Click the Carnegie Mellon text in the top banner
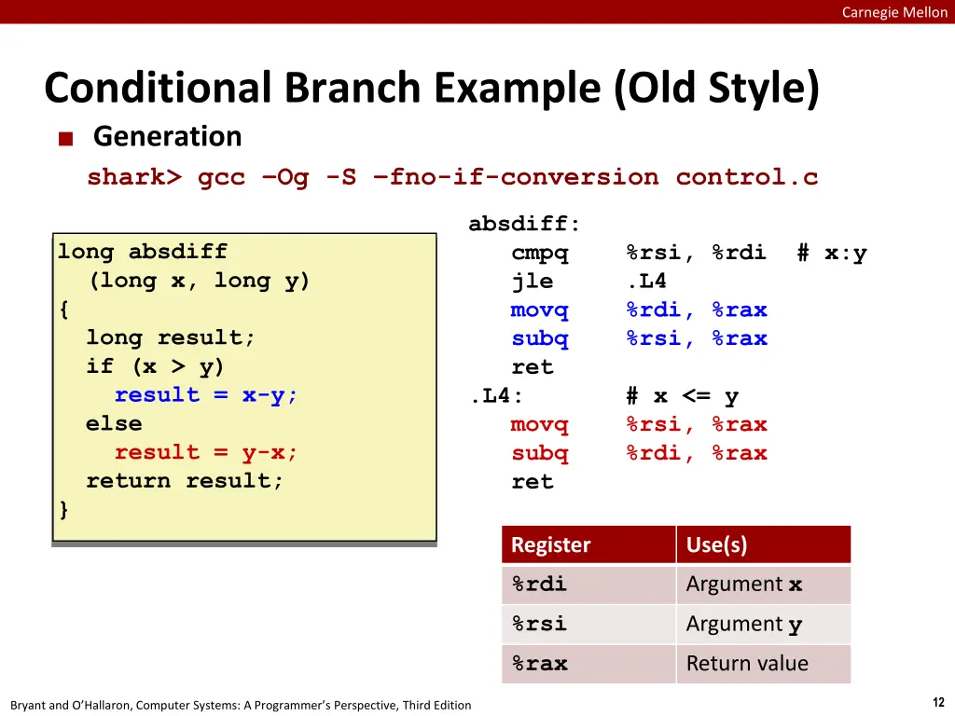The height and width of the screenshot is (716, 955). [x=894, y=12]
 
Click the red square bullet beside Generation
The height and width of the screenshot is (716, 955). [x=66, y=139]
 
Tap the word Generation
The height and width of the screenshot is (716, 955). [x=168, y=136]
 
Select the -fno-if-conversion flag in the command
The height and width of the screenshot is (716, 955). [x=515, y=177]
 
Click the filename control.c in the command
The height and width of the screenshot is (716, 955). [x=747, y=177]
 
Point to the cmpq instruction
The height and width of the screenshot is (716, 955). [x=540, y=253]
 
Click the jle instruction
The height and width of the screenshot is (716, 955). [x=533, y=281]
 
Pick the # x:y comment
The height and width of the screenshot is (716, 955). [x=832, y=253]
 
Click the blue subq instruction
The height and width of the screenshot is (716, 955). [x=540, y=338]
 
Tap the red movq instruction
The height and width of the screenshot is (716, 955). [x=540, y=424]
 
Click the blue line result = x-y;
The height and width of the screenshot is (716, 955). [x=206, y=395]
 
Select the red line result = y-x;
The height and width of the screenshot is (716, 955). [x=206, y=452]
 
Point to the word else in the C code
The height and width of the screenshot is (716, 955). [x=114, y=424]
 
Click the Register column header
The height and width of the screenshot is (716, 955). [x=550, y=544]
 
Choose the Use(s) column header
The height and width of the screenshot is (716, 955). [x=717, y=544]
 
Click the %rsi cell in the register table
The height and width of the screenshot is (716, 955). [x=540, y=624]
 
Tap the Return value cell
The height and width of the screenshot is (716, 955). [x=747, y=663]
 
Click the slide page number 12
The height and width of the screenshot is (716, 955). [x=938, y=702]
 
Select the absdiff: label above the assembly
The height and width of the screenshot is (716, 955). [x=524, y=224]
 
